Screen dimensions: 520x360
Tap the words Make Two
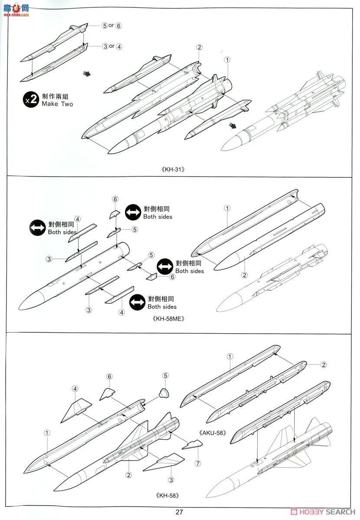[x=58, y=104]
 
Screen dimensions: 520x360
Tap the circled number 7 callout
[x=198, y=463]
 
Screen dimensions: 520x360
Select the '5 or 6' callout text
[x=111, y=26]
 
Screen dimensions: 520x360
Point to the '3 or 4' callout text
[x=112, y=46]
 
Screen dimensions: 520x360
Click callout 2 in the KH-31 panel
[x=199, y=47]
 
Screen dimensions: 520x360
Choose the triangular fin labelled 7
[x=192, y=445]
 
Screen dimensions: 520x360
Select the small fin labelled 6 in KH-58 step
[x=107, y=394]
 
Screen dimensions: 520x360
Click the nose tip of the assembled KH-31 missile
[x=222, y=149]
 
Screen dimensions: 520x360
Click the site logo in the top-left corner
[x=16, y=9]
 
